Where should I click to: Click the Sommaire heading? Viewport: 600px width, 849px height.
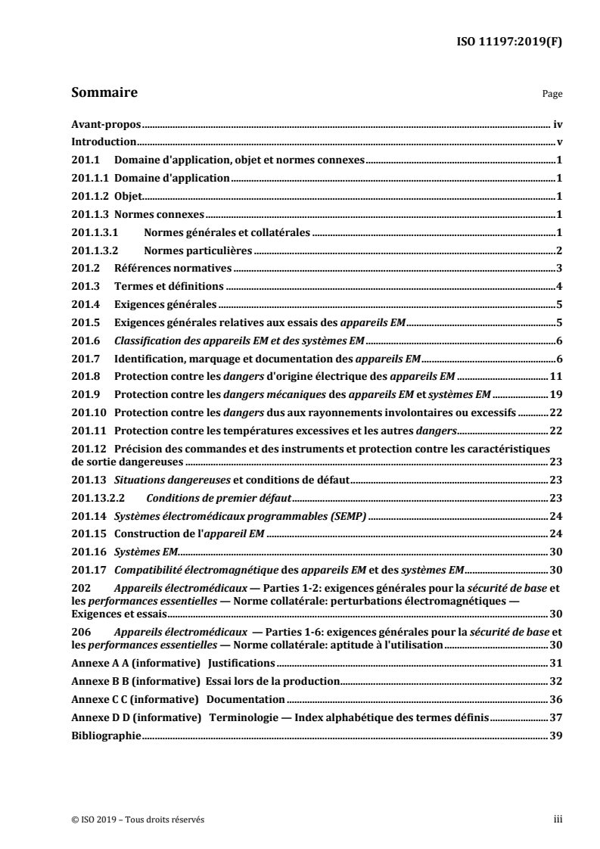click(104, 94)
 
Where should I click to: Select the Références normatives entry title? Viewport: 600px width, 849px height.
click(173, 269)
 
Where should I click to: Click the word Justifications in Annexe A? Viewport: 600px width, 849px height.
click(232, 642)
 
